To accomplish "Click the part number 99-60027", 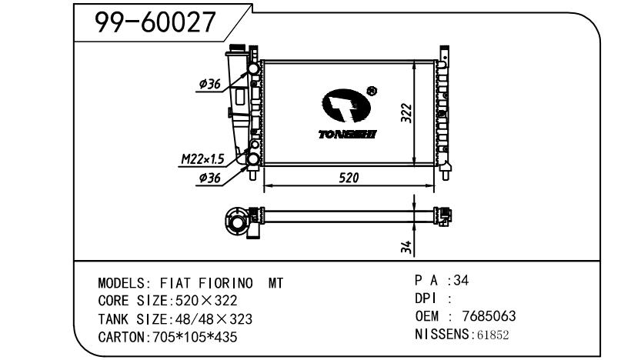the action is [x=155, y=22].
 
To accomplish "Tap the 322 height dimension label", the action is [x=406, y=113].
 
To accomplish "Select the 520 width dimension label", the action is [x=349, y=178].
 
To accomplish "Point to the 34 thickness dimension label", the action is [x=406, y=247].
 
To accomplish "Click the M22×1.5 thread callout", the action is [x=203, y=158].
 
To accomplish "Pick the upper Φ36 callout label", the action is [x=210, y=84].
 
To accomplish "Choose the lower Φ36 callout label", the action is [x=210, y=178].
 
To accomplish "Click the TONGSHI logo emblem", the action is [x=346, y=105].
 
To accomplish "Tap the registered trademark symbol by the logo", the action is [x=372, y=91].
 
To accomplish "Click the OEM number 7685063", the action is [x=489, y=316].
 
